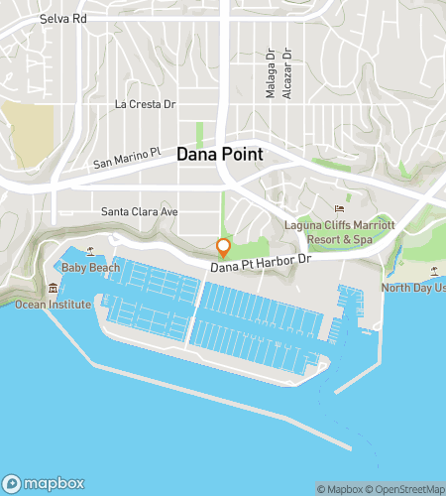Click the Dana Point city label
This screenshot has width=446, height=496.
tap(220, 155)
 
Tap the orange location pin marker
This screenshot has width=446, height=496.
tap(224, 247)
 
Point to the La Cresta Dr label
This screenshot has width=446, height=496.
tap(145, 103)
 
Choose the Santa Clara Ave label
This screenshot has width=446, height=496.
tap(140, 211)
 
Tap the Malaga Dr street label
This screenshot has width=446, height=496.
tap(269, 76)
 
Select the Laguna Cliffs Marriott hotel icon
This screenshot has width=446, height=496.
tap(339, 209)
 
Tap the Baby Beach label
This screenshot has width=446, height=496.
tap(86, 268)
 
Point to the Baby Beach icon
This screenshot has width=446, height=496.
tap(91, 252)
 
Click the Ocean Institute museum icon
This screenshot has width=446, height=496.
tap(53, 288)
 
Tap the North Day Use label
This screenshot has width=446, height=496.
tap(413, 288)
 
